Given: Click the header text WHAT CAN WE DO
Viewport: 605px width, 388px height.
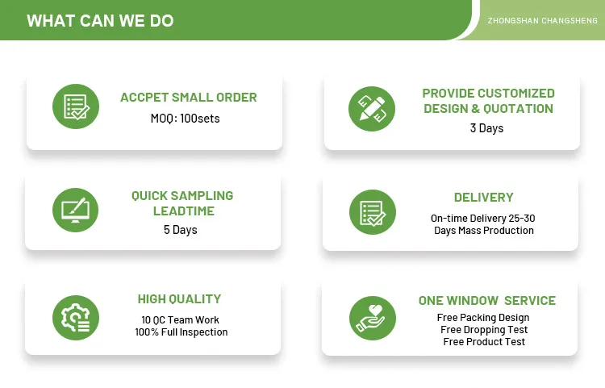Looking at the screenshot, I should coord(100,21).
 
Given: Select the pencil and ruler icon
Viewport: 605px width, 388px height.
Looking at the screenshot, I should coord(372,106).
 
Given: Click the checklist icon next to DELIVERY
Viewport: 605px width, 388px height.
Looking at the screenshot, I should coord(372,212).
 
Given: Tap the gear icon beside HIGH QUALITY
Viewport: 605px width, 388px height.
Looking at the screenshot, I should coord(76,316).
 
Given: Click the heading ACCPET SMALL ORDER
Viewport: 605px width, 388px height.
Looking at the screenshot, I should coord(189,98).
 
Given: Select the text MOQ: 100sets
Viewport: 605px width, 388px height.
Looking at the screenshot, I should coord(185,119).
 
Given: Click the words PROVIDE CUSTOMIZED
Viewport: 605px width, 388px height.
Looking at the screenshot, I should coord(488,94).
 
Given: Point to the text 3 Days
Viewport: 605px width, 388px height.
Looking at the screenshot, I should coord(486,128).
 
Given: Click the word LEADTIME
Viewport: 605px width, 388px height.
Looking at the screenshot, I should coord(182,211).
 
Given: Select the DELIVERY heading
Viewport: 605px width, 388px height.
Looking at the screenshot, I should coord(483,198).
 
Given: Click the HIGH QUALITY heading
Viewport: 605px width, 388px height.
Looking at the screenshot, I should coord(179,299).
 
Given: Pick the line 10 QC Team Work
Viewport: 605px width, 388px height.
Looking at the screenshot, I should coord(180,320).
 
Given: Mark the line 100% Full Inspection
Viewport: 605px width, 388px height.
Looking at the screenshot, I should coord(181,332).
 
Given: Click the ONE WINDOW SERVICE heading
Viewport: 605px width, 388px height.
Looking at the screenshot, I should coord(486,301).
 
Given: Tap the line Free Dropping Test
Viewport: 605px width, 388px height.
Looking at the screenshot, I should coord(484,330).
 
